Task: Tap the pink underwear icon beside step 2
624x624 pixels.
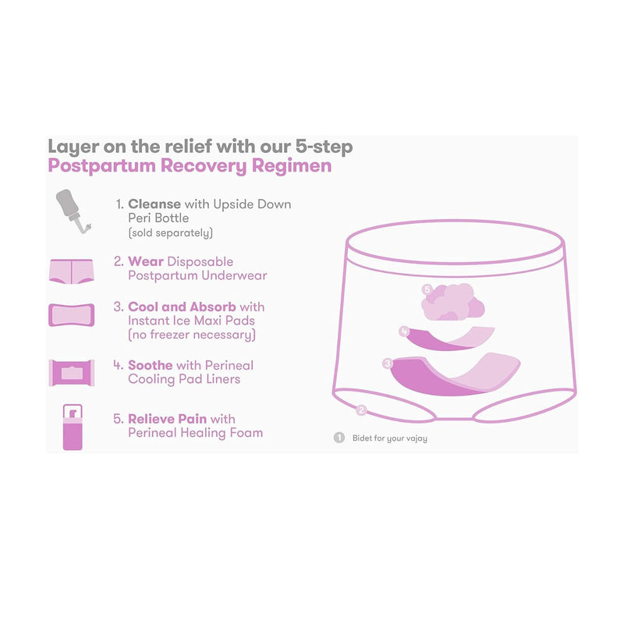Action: click(x=71, y=271)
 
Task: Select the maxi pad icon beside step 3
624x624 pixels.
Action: click(x=72, y=315)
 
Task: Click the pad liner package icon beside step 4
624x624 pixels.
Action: click(x=72, y=373)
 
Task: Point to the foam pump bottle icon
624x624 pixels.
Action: click(x=73, y=427)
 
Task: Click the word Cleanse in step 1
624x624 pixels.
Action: click(x=154, y=204)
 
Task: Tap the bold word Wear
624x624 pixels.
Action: click(x=146, y=261)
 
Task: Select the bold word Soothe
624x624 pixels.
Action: click(x=151, y=365)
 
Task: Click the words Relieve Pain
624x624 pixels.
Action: click(x=167, y=419)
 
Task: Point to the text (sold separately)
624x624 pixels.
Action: click(x=170, y=232)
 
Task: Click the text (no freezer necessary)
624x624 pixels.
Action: click(x=192, y=335)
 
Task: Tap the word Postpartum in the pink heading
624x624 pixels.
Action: click(x=102, y=166)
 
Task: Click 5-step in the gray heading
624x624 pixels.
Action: click(x=324, y=147)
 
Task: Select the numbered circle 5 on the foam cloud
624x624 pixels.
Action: click(x=427, y=289)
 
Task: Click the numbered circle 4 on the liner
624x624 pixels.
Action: click(x=404, y=331)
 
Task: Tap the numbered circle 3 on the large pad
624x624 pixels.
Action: click(x=387, y=363)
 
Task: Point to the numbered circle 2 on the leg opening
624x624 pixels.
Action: click(x=361, y=410)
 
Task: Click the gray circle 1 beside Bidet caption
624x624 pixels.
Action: click(x=339, y=438)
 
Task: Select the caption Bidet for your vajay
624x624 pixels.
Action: click(x=390, y=438)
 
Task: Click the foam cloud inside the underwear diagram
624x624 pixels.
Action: click(x=453, y=302)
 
